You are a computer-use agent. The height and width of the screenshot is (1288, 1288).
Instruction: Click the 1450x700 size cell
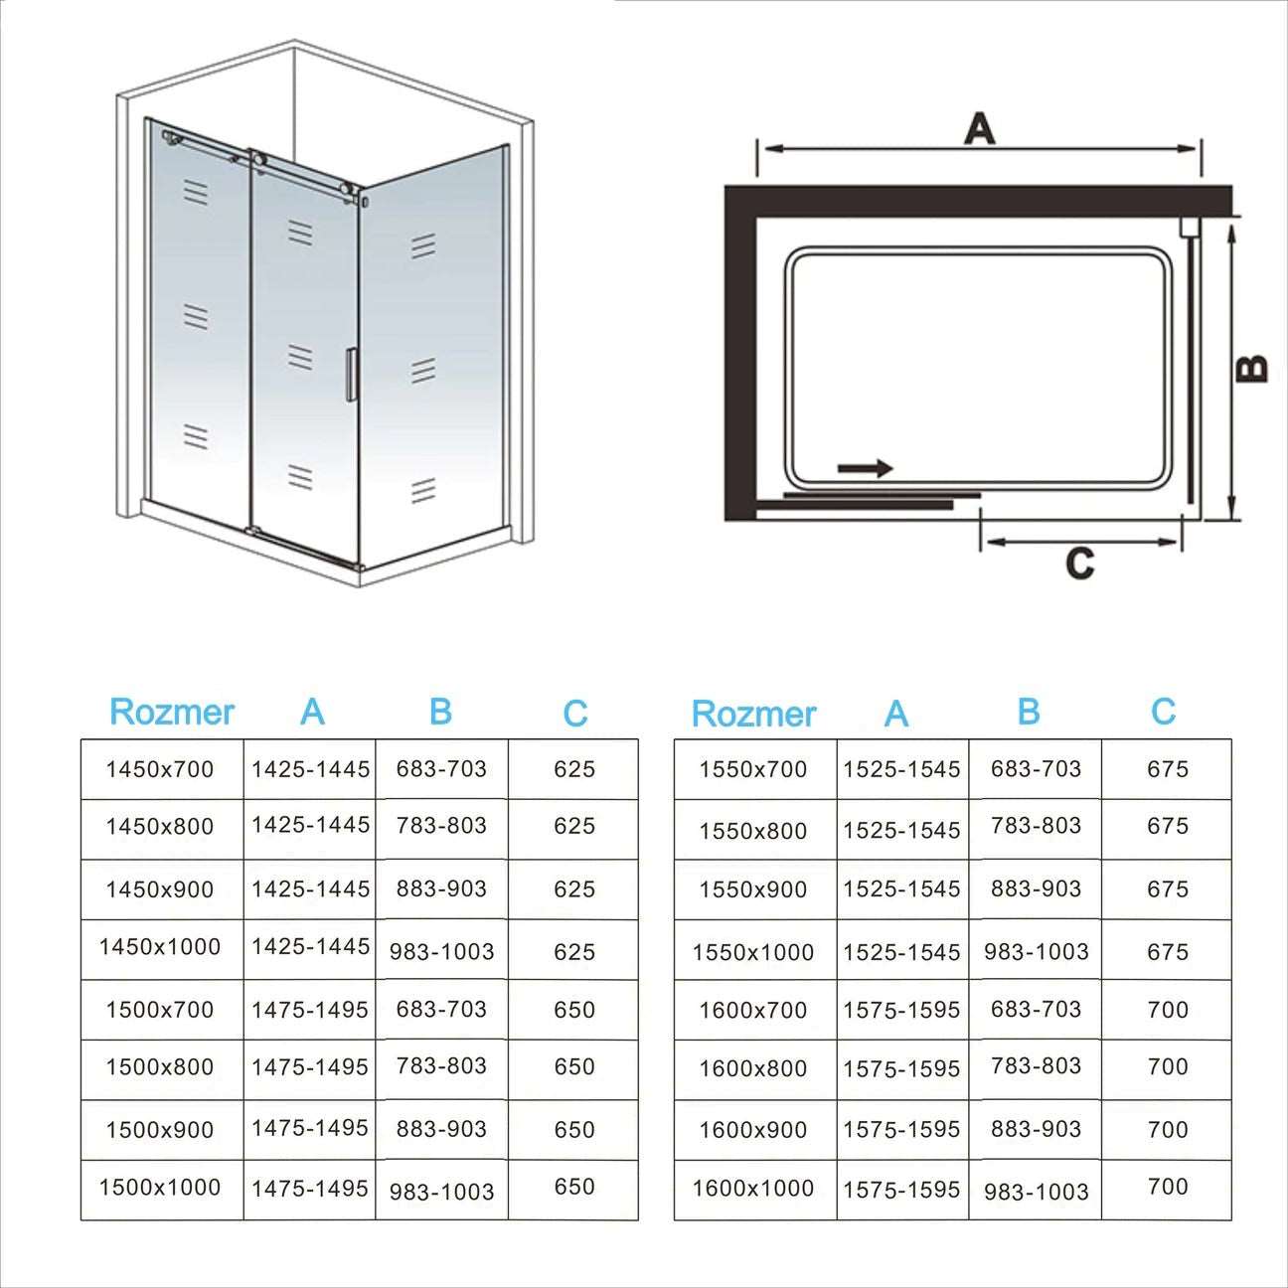tap(160, 768)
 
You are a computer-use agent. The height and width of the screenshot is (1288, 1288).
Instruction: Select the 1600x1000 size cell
tap(753, 1189)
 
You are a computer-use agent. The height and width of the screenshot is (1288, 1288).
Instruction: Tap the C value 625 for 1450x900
tap(574, 888)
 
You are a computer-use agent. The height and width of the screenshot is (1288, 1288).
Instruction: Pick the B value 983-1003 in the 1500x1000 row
tap(441, 1191)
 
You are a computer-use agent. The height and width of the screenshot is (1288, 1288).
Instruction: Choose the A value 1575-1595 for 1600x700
tap(901, 1011)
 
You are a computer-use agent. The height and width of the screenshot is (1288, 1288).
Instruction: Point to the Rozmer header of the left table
tap(171, 712)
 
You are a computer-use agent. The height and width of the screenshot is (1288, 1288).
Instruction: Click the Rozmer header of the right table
tap(753, 714)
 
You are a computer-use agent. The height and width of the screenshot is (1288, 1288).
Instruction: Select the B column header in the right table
tap(1029, 712)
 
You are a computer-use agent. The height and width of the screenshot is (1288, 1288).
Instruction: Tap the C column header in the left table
tap(574, 714)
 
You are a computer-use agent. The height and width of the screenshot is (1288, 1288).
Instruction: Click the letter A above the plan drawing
tap(979, 129)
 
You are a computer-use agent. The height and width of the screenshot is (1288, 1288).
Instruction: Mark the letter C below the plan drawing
tap(1079, 563)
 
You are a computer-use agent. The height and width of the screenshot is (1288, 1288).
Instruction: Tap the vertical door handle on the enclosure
tap(350, 375)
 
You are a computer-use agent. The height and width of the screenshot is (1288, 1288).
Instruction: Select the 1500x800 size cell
tap(160, 1067)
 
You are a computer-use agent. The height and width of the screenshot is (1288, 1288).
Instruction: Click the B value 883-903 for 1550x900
tap(1036, 888)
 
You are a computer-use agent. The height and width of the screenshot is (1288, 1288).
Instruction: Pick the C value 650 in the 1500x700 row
tap(574, 1010)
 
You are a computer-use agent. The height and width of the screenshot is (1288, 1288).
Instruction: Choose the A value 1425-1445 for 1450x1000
tap(310, 947)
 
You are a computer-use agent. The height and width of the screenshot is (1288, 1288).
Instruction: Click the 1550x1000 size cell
tap(753, 952)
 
